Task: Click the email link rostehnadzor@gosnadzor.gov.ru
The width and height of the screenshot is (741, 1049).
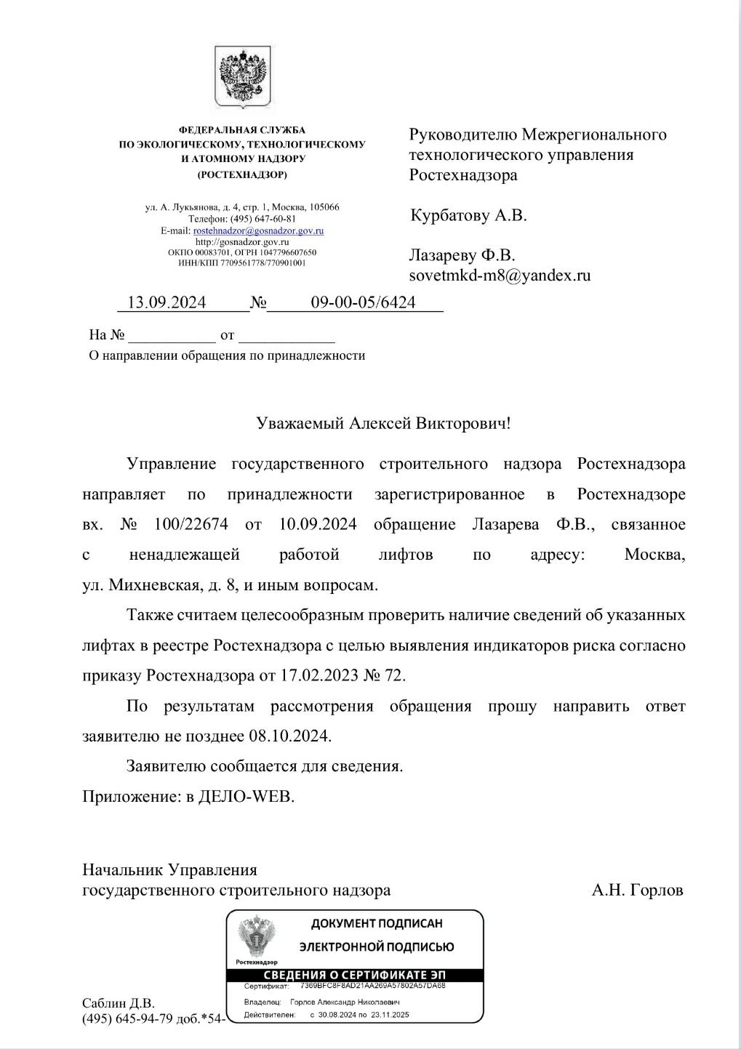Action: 258,230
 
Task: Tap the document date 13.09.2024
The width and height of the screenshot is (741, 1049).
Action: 167,302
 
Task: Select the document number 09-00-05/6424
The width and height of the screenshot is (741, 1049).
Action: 363,302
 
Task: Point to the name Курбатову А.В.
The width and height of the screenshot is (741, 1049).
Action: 468,215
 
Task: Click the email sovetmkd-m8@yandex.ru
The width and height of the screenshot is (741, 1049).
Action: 500,276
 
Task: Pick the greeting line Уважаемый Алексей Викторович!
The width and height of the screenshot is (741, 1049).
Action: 384,423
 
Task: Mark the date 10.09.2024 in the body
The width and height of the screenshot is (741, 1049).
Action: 318,524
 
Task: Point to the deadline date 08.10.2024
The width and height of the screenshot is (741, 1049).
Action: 289,736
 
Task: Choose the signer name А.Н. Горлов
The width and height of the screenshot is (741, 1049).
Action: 637,890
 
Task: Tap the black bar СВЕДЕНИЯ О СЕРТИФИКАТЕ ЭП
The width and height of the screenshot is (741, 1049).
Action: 355,975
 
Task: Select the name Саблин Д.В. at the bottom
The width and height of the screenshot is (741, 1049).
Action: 119,1003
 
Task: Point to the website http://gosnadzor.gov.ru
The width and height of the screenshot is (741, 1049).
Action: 242,241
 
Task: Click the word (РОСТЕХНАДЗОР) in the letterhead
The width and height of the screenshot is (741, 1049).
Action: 242,174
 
